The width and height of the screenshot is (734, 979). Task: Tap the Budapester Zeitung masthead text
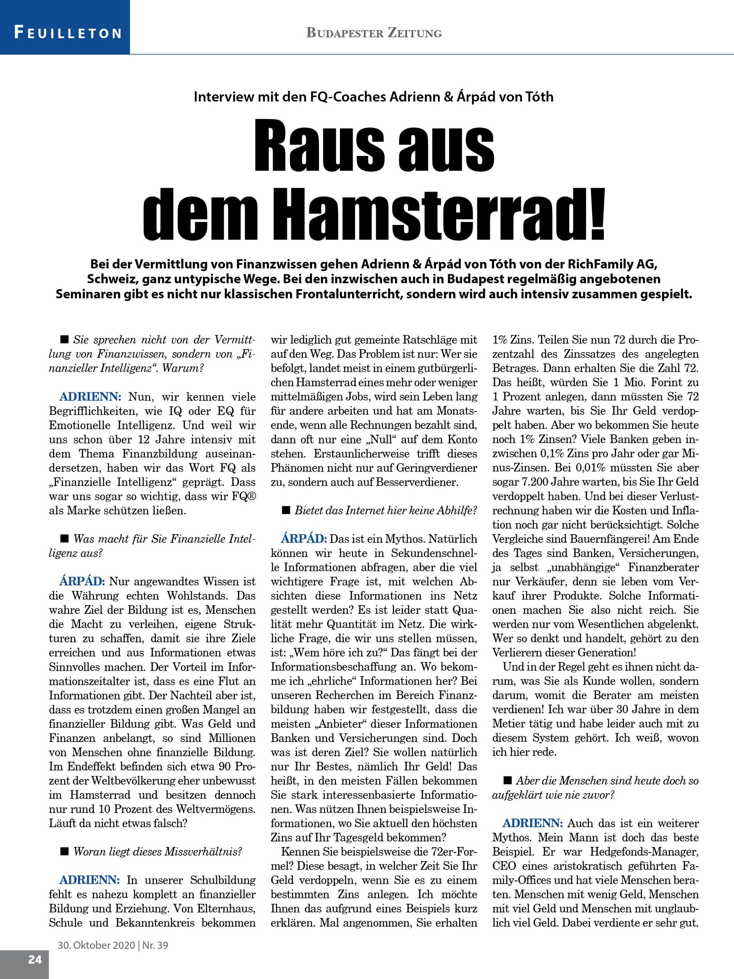pyautogui.click(x=374, y=33)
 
